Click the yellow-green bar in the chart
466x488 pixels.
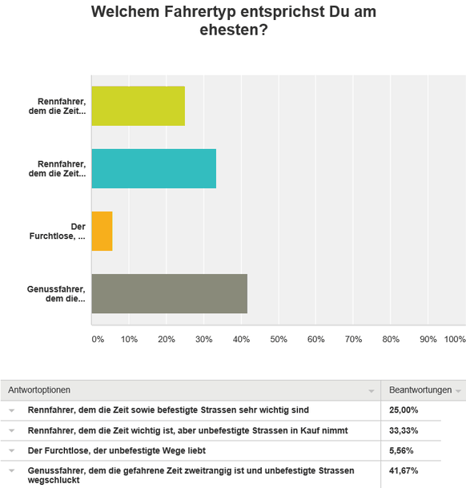point(139,106)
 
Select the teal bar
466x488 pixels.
point(154,169)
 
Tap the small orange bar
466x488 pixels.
point(102,232)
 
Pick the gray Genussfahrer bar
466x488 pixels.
point(170,294)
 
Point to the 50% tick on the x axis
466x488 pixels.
point(279,339)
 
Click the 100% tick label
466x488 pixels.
point(455,339)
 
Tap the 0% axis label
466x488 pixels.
point(98,339)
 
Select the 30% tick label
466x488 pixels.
point(203,339)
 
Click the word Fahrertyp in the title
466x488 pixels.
point(200,12)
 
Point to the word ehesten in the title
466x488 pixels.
point(234,30)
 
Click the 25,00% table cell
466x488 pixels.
point(404,410)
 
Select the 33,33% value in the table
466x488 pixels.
point(404,431)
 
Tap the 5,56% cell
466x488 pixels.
point(401,450)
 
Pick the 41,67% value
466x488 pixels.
point(404,471)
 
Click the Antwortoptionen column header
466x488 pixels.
point(39,390)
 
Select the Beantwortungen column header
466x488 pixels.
point(420,390)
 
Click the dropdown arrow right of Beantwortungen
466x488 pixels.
point(458,391)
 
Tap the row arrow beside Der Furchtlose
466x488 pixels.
point(11,450)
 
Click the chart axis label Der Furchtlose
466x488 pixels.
point(57,232)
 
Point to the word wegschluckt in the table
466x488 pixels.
point(54,480)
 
